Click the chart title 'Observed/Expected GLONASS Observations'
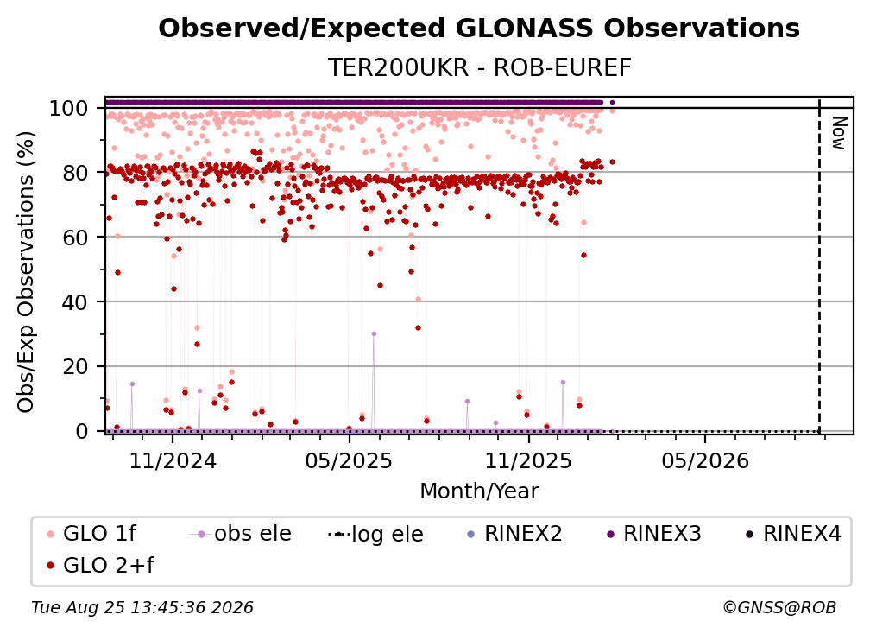tap(479, 29)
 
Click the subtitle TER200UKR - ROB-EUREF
tap(479, 67)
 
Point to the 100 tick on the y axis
tap(77, 108)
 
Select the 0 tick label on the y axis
tap(82, 431)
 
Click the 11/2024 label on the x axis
tap(173, 460)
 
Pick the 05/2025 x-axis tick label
tap(349, 460)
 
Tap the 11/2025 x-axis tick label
tap(528, 460)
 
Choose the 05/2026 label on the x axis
tap(705, 460)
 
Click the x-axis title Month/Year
tap(479, 491)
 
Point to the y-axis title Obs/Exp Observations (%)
tap(26, 272)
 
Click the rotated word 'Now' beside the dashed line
tap(838, 133)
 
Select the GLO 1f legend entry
tap(92, 534)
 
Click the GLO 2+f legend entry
tap(101, 566)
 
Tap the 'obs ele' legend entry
tap(241, 534)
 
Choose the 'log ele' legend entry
tap(375, 535)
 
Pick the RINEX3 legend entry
tap(654, 534)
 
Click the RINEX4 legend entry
tap(793, 534)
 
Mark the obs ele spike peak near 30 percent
tap(374, 334)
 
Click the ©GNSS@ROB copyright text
tap(779, 608)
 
